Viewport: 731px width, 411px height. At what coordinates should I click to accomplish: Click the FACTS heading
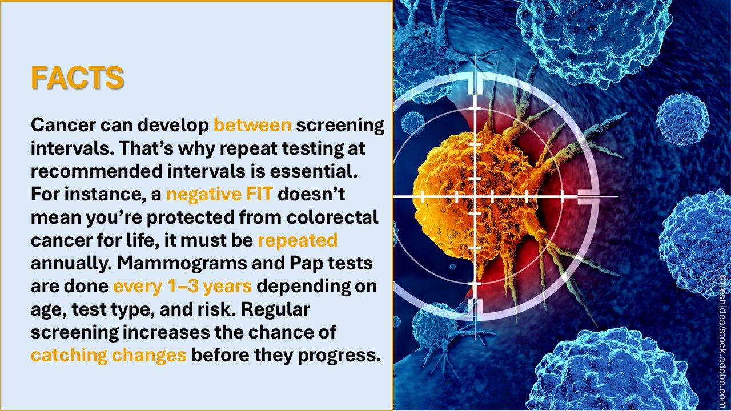pos(78,78)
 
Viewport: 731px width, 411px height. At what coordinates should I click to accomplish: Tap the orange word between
pos(252,125)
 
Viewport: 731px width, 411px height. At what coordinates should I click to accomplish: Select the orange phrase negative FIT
pos(219,195)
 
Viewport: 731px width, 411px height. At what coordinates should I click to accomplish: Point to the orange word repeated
pos(298,241)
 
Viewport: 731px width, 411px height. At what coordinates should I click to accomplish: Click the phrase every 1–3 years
pos(182,287)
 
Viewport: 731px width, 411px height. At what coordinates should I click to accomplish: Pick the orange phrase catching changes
pos(109,355)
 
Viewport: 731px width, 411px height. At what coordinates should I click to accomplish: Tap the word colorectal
pos(332,217)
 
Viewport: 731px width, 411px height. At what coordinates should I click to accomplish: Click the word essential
pos(314,171)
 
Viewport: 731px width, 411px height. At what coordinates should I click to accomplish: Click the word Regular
pos(275,309)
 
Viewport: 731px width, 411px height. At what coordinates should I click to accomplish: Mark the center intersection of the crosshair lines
pos(475,196)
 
